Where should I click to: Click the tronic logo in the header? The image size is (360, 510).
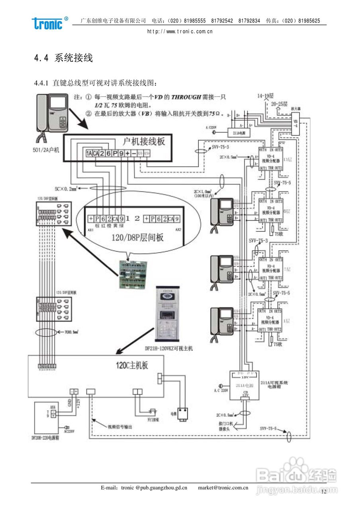pos(48,23)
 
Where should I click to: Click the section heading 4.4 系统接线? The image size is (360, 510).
pos(64,58)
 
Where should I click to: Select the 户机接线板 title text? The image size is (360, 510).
pos(144,141)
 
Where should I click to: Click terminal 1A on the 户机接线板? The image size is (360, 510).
pos(90,153)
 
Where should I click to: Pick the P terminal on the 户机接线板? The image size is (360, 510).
pos(115,153)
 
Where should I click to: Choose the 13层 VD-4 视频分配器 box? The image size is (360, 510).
pos(270,159)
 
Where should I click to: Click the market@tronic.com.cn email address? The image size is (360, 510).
pos(223,487)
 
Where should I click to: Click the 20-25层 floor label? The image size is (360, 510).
pos(279,104)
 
